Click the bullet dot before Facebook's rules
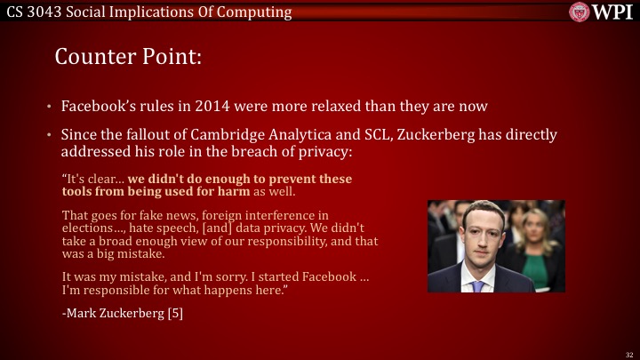(50, 107)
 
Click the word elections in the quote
(86, 228)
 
